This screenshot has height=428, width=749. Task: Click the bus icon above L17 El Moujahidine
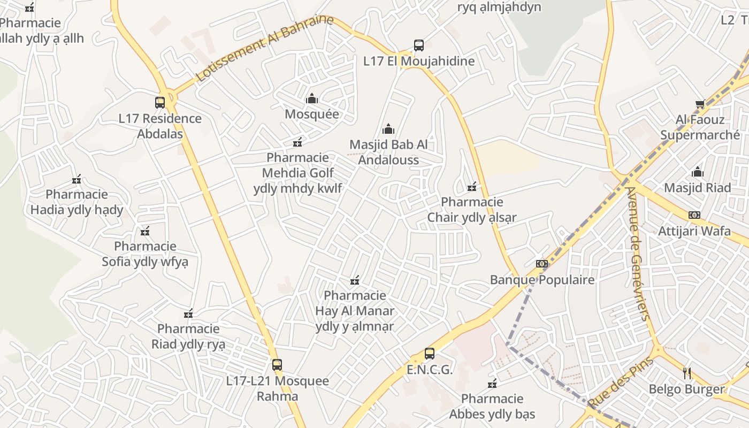pyautogui.click(x=419, y=45)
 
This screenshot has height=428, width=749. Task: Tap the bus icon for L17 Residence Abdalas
pyautogui.click(x=160, y=103)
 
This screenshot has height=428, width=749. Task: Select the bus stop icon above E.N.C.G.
pyautogui.click(x=430, y=354)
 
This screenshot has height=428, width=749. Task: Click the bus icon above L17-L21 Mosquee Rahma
pyautogui.click(x=277, y=365)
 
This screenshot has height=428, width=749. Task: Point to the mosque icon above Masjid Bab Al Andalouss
pyautogui.click(x=388, y=129)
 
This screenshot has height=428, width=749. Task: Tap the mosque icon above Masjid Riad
pyautogui.click(x=698, y=172)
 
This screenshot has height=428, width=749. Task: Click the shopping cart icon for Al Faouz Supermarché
pyautogui.click(x=700, y=104)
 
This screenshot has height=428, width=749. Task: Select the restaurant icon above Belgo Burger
pyautogui.click(x=687, y=373)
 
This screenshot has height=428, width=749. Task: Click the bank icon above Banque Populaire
pyautogui.click(x=542, y=264)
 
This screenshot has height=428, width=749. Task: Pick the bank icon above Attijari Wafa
pyautogui.click(x=694, y=215)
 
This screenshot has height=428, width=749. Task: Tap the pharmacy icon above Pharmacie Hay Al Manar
pyautogui.click(x=354, y=280)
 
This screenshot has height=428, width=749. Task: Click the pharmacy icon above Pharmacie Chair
pyautogui.click(x=472, y=187)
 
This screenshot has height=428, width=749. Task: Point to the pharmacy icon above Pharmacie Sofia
pyautogui.click(x=145, y=231)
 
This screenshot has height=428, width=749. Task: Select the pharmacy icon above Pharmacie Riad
pyautogui.click(x=188, y=313)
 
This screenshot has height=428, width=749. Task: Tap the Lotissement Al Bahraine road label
pyautogui.click(x=264, y=48)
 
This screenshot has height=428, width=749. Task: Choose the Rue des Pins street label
pyautogui.click(x=621, y=381)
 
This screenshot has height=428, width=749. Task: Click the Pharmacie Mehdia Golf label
pyautogui.click(x=298, y=173)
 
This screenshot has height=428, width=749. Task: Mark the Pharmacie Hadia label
pyautogui.click(x=77, y=202)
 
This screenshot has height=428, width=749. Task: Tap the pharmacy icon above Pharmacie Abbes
pyautogui.click(x=492, y=383)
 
